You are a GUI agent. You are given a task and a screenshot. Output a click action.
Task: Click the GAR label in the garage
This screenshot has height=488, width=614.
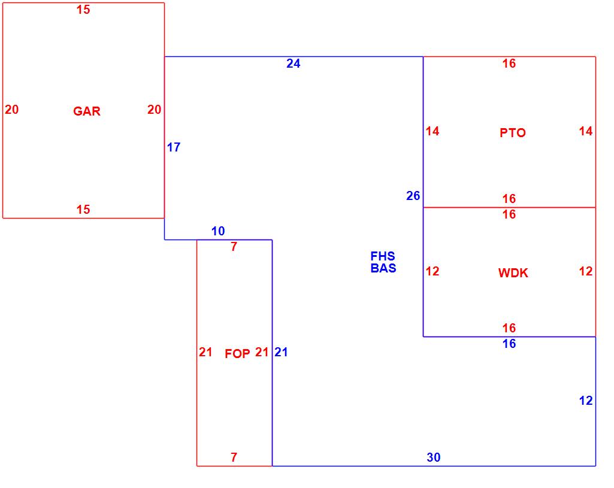[87, 111]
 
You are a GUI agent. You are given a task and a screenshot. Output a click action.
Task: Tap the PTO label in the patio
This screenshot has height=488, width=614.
[513, 133]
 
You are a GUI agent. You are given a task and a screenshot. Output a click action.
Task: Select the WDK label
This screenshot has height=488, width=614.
[513, 274]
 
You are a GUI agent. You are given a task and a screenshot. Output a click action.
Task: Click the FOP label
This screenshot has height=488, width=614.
[237, 354]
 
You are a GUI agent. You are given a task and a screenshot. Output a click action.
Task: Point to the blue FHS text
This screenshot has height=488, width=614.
[383, 257]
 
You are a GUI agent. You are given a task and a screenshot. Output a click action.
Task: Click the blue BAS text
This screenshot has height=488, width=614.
[383, 268]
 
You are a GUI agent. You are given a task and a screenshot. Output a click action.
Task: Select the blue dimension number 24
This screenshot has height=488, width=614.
[293, 63]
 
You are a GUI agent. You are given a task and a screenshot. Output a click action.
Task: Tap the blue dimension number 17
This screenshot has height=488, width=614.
[174, 147]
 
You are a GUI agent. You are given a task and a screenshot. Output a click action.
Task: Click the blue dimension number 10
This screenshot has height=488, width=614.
[218, 231]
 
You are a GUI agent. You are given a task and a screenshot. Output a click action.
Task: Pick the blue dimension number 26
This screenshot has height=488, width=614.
[413, 196]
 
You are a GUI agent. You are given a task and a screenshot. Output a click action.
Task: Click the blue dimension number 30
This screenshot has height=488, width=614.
[434, 457]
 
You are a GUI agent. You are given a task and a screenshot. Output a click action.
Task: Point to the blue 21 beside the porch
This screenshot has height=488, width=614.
[281, 353]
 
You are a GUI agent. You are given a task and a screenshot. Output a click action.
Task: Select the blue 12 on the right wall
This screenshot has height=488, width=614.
[586, 401]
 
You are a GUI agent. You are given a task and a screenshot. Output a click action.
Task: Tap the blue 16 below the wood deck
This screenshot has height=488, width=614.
[509, 344]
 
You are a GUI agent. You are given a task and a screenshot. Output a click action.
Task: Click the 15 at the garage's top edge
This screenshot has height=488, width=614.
[83, 10]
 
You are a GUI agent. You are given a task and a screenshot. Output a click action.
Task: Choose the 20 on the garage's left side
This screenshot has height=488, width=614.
[12, 110]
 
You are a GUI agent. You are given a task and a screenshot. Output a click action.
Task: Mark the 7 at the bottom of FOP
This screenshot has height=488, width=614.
[234, 457]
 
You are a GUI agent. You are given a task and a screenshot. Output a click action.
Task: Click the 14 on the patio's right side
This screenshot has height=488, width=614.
[586, 131]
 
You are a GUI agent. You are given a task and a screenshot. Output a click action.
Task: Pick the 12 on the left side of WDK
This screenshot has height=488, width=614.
[432, 271]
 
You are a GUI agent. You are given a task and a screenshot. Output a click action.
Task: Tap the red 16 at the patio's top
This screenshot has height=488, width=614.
[509, 63]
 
